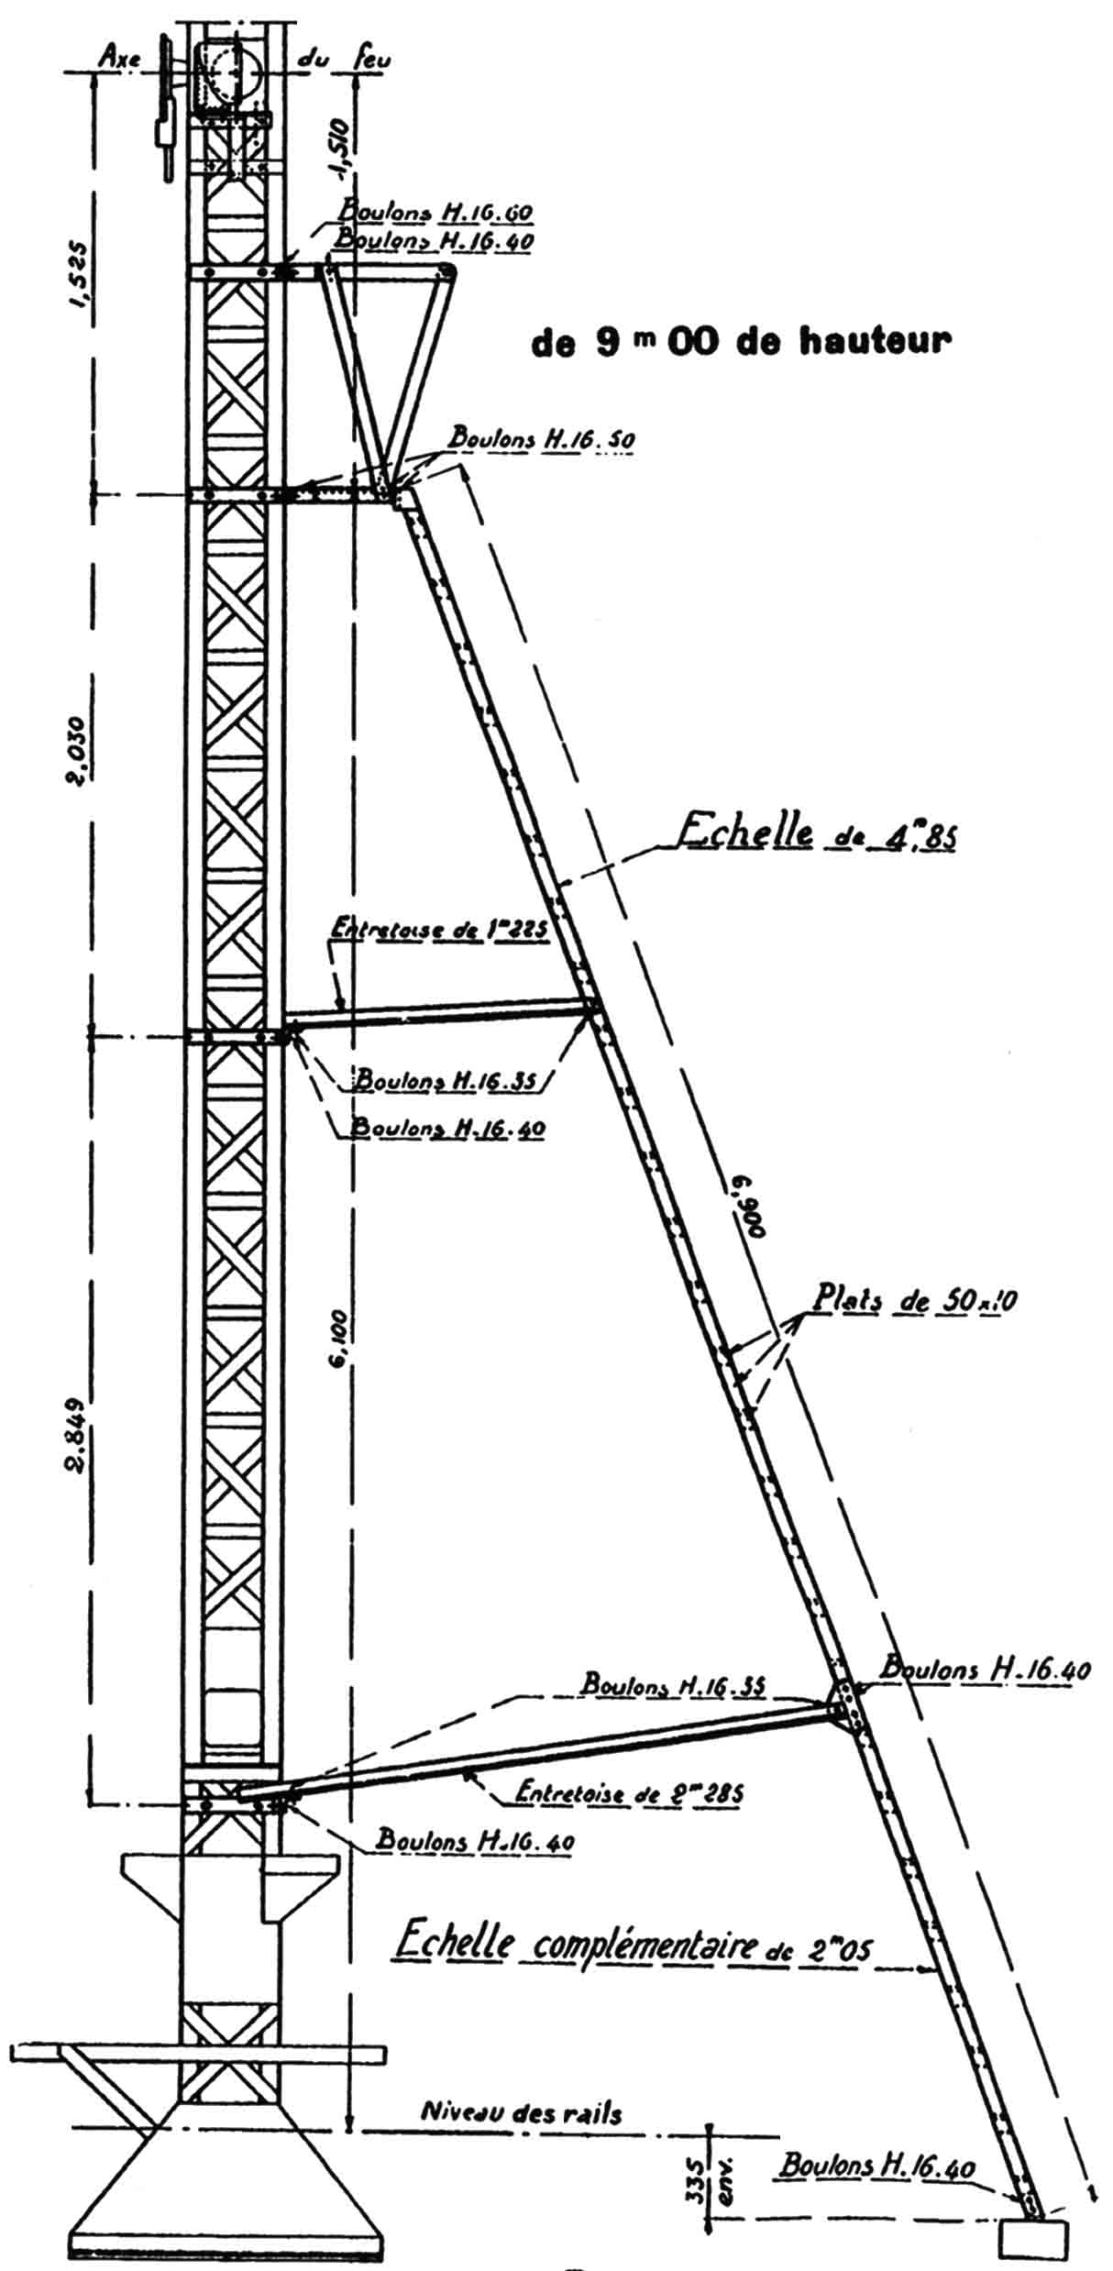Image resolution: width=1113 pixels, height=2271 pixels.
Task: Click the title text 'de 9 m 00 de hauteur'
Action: click(741, 342)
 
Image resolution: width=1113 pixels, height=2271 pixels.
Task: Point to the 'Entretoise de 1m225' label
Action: click(437, 931)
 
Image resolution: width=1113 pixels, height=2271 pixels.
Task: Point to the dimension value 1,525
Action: click(77, 276)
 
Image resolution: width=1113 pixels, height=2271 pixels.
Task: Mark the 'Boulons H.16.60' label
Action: click(435, 212)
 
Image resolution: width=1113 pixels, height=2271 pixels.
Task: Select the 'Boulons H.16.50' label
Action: click(541, 439)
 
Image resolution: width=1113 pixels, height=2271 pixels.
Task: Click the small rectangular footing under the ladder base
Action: click(1034, 2239)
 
